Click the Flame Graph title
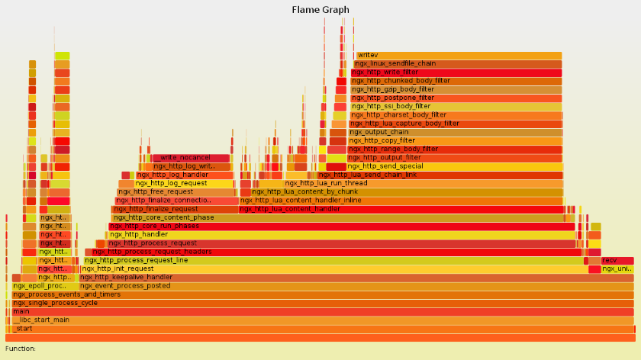point(320,10)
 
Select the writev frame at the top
point(458,55)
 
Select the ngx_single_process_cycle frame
point(320,303)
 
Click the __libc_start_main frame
point(320,320)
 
